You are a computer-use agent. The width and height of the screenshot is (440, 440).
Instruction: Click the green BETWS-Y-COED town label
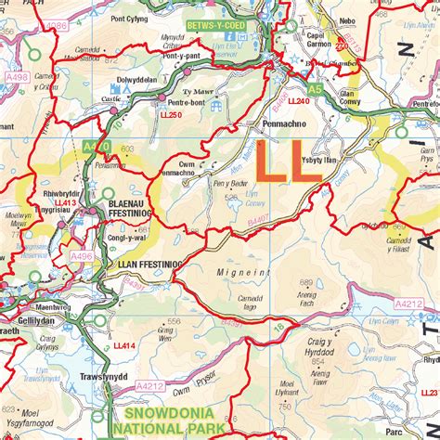(x=215, y=25)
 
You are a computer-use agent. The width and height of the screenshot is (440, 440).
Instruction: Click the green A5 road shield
(x=315, y=89)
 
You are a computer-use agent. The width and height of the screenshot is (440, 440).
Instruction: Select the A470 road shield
(x=95, y=147)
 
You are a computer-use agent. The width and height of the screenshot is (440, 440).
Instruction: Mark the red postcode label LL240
(x=298, y=100)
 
